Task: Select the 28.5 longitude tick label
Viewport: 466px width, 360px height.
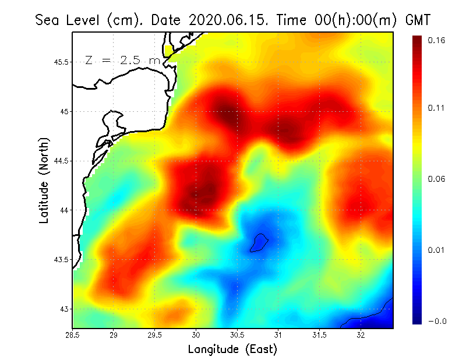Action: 72,335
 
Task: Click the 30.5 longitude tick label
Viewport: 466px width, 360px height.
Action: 237,335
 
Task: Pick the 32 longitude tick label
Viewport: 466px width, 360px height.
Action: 361,335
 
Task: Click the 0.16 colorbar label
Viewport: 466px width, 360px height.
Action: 436,40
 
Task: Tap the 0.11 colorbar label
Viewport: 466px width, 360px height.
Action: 436,108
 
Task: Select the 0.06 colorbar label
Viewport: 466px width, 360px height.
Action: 436,179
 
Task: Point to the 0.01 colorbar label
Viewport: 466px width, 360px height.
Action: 436,250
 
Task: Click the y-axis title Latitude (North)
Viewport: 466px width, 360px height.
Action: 44,181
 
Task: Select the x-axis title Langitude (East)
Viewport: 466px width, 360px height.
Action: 232,350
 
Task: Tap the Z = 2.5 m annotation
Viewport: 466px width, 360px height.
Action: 122,61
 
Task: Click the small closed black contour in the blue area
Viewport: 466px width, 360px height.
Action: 259,243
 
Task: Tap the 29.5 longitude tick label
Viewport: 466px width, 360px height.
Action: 155,335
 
